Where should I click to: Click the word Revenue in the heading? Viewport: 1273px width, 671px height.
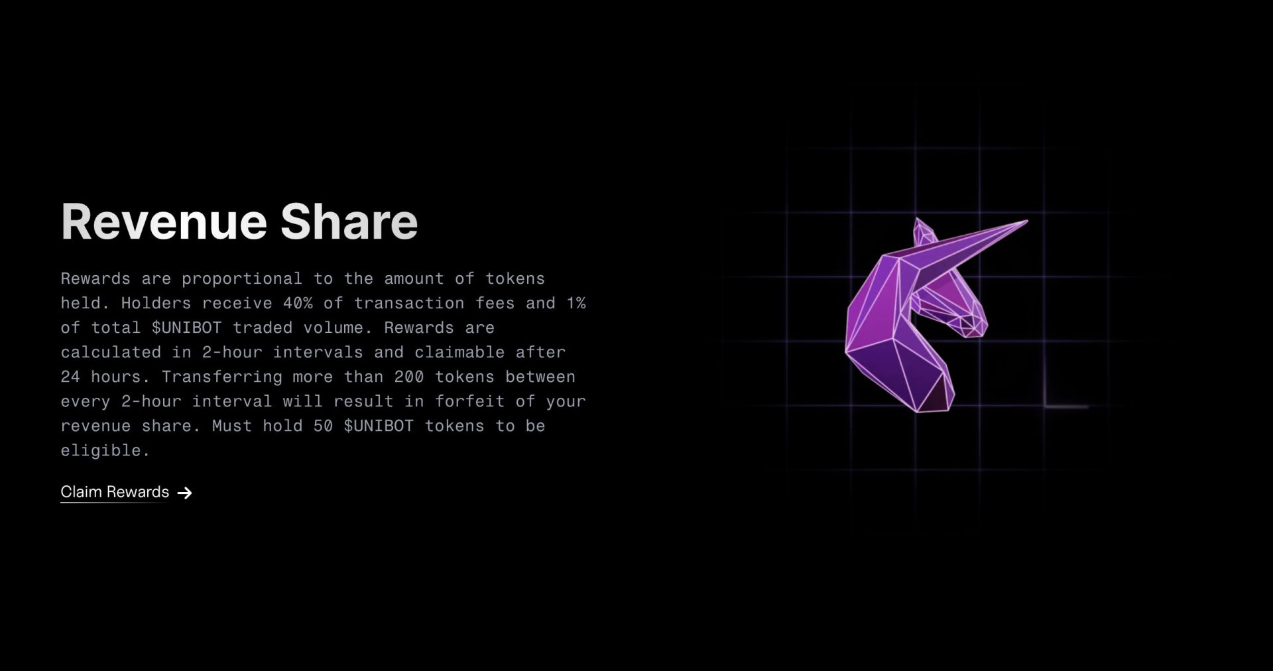pyautogui.click(x=164, y=221)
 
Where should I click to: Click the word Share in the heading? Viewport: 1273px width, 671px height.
pyautogui.click(x=349, y=221)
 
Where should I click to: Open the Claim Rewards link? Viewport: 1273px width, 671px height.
pyautogui.click(x=115, y=492)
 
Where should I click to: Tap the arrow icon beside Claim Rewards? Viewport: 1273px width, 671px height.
pyautogui.click(x=185, y=493)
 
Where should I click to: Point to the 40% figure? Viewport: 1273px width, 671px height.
pyautogui.click(x=298, y=303)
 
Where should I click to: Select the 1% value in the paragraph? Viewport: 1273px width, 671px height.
pyautogui.click(x=576, y=303)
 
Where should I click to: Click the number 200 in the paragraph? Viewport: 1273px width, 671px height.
pyautogui.click(x=409, y=377)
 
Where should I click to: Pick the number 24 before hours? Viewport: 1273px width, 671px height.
pyautogui.click(x=70, y=377)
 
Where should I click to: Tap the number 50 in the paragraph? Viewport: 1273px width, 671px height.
pyautogui.click(x=323, y=426)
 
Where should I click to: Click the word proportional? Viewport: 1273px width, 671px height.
pyautogui.click(x=242, y=278)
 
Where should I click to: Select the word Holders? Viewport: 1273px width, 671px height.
pyautogui.click(x=156, y=303)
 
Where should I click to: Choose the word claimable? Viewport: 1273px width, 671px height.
pyautogui.click(x=459, y=352)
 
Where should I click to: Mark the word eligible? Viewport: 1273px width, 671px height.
pyautogui.click(x=101, y=450)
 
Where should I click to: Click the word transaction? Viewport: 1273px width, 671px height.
pyautogui.click(x=409, y=303)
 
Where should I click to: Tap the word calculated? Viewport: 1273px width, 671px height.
pyautogui.click(x=111, y=352)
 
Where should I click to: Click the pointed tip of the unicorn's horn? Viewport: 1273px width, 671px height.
pyautogui.click(x=1025, y=222)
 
